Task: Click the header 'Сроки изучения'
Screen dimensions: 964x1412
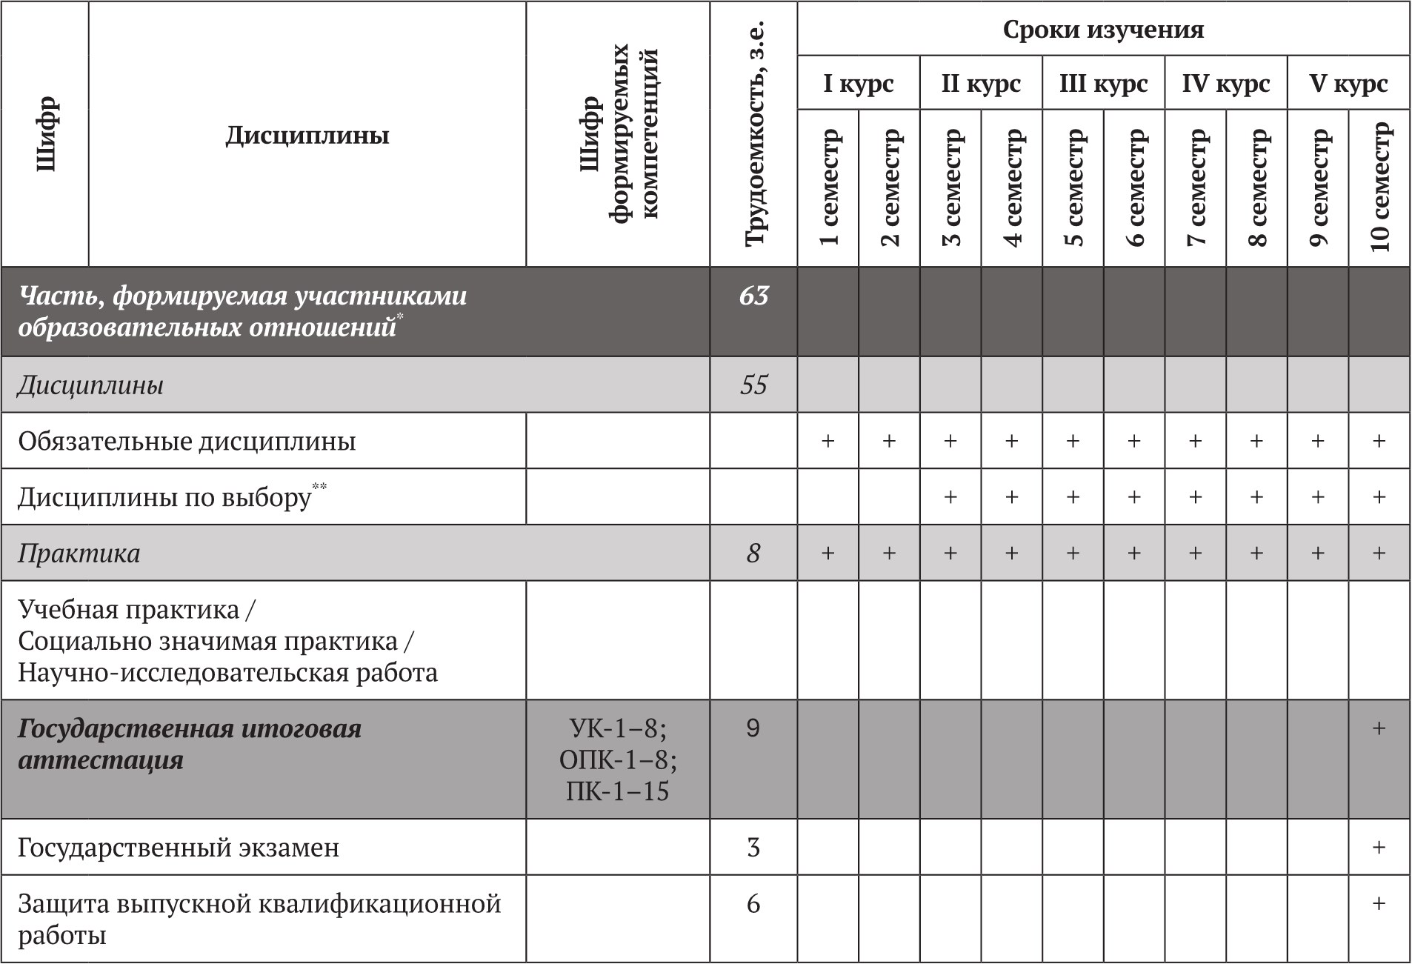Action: (1103, 30)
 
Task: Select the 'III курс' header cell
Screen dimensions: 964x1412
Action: (1103, 83)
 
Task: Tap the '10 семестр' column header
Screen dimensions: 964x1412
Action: (1379, 188)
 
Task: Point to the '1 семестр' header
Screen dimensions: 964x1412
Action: (828, 188)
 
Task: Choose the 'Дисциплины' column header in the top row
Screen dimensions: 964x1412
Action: (307, 136)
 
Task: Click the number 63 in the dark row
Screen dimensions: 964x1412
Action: (753, 296)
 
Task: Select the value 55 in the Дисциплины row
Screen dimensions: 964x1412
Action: (753, 385)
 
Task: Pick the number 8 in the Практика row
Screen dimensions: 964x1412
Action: (753, 554)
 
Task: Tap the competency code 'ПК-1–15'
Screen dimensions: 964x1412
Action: (617, 792)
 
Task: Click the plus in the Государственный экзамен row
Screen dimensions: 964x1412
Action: (1379, 848)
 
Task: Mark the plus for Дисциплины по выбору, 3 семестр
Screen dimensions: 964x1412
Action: (950, 497)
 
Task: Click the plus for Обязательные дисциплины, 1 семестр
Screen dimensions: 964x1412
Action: (828, 442)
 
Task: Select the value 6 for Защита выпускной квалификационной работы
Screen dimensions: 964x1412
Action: (753, 904)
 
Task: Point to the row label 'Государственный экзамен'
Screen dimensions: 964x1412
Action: (179, 848)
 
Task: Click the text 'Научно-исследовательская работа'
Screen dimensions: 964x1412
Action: (228, 673)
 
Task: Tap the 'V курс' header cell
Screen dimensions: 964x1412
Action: (1348, 83)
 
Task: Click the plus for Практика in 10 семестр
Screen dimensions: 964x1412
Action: (1379, 554)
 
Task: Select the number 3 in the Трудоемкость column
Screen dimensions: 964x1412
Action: (753, 848)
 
